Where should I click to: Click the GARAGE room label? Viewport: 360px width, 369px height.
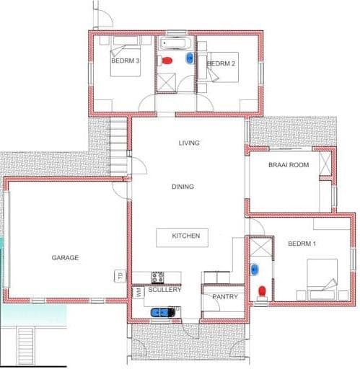click(x=65, y=258)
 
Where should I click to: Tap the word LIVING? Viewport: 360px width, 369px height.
click(x=189, y=143)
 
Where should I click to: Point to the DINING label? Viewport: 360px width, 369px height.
click(x=183, y=187)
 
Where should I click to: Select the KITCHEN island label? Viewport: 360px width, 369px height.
click(x=186, y=236)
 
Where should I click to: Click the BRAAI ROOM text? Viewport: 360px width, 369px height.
click(x=289, y=165)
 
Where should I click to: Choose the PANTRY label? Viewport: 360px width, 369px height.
click(x=225, y=297)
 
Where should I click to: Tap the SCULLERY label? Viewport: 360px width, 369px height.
click(x=164, y=290)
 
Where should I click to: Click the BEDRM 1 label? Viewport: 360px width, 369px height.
click(x=302, y=244)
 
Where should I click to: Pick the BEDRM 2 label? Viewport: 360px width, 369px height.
click(x=221, y=63)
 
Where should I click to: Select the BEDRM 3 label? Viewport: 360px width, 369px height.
click(x=126, y=61)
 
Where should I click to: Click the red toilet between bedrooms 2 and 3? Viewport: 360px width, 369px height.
click(x=167, y=61)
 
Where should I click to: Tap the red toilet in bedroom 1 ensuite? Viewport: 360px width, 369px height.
click(x=262, y=291)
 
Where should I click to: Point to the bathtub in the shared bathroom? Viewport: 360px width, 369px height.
click(x=176, y=43)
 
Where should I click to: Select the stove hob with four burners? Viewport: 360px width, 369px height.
click(x=158, y=277)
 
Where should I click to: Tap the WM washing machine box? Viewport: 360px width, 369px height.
click(x=139, y=293)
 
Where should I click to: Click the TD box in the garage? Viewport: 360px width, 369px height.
click(x=120, y=276)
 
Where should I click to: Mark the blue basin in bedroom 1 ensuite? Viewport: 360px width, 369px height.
click(x=255, y=270)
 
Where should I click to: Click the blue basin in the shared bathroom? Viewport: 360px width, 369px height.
click(x=190, y=58)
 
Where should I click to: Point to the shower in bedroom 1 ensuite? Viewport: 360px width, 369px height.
click(x=261, y=246)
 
